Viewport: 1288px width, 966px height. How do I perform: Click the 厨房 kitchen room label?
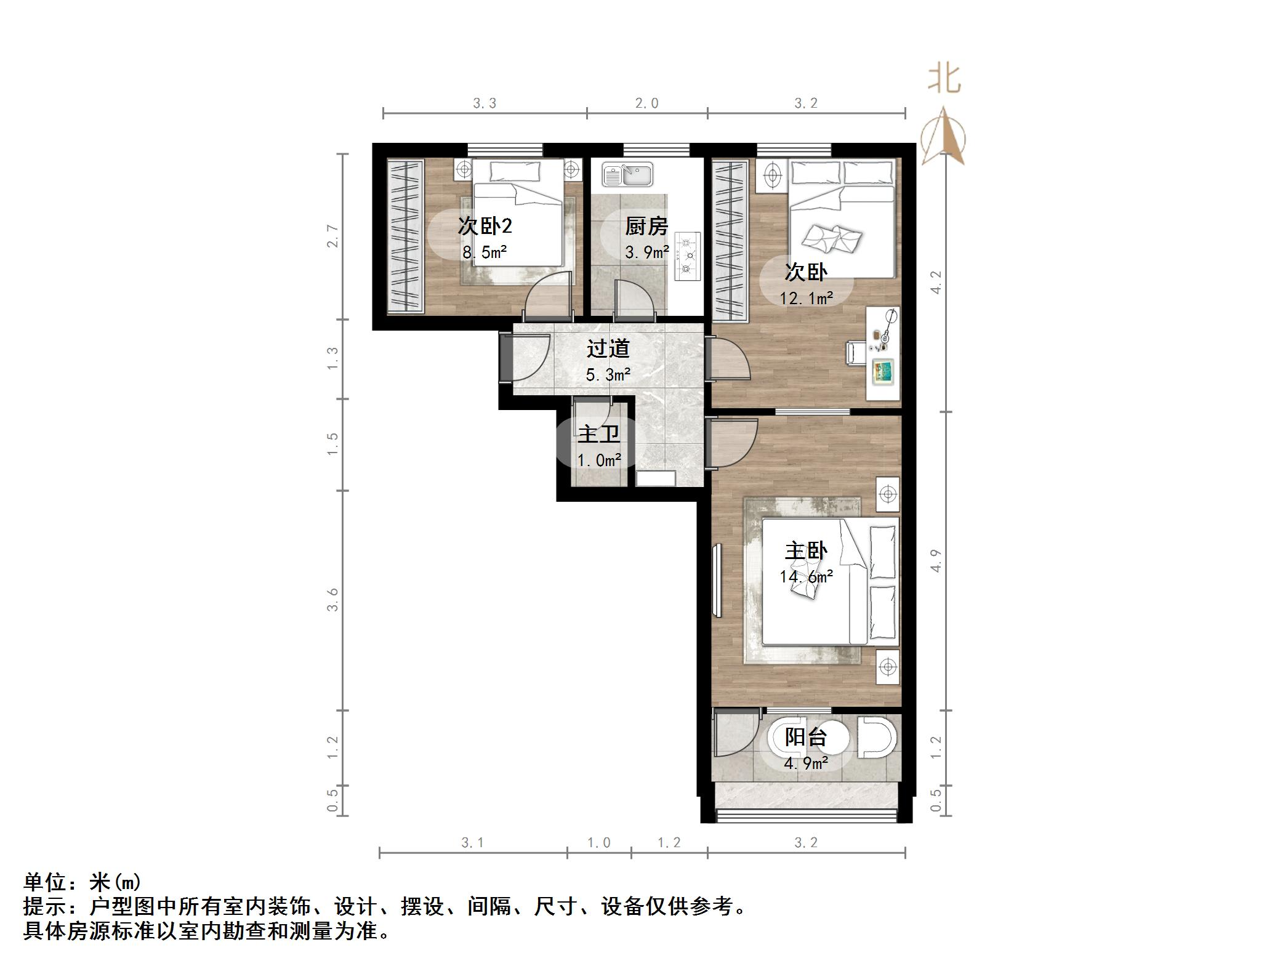pos(646,227)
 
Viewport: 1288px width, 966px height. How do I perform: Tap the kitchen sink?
pos(627,174)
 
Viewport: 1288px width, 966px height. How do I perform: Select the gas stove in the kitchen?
pos(688,255)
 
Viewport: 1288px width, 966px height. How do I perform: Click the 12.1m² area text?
pos(806,299)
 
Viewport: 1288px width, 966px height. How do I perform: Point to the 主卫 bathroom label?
pos(598,434)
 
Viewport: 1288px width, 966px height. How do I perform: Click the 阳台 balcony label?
pos(806,736)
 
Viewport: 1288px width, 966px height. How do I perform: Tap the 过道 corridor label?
pos(608,348)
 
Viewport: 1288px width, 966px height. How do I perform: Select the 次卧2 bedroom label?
pos(485,226)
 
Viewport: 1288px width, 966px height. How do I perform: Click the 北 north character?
pos(944,79)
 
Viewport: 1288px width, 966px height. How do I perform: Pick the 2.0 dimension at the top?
pos(646,103)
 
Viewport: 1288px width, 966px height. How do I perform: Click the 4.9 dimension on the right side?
pos(936,561)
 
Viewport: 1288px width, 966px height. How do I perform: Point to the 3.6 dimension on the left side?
pos(332,599)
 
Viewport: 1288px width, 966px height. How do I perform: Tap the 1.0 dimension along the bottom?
pos(598,843)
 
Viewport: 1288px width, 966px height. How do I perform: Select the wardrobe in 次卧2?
pos(405,236)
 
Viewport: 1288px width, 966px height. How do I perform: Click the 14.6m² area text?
pos(806,577)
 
